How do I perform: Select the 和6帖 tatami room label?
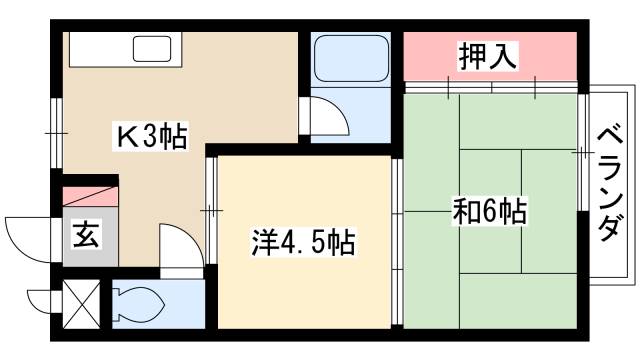[x=489, y=212]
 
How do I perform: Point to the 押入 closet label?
[x=488, y=57]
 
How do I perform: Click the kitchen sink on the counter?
[x=153, y=49]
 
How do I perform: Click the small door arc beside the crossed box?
[x=43, y=299]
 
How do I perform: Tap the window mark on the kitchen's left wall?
[x=56, y=131]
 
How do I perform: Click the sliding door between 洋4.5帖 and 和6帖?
[x=397, y=240]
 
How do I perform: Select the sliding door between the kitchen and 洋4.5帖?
[x=211, y=211]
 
